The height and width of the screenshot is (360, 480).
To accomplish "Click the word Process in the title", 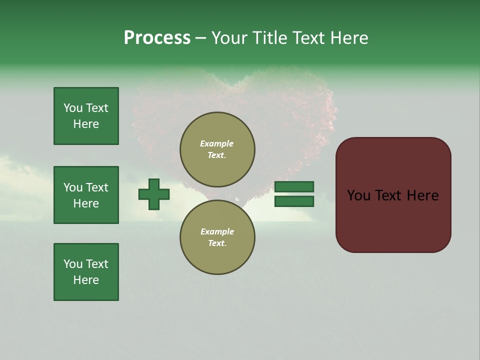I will [x=157, y=38].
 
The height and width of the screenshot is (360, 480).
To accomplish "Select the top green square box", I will [x=86, y=116].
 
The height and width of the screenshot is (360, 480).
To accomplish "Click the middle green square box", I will [x=86, y=195].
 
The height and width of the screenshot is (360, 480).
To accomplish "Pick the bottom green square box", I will [x=86, y=272].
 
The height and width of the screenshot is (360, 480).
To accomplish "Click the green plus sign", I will [x=154, y=194].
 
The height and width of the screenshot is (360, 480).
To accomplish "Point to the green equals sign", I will [x=294, y=194].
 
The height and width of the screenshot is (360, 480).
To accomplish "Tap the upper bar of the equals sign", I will [x=294, y=187].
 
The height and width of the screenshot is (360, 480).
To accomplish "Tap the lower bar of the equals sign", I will [x=294, y=201].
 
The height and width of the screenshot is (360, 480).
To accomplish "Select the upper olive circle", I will [x=217, y=149].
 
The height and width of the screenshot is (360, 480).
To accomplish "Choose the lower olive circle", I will [x=217, y=237].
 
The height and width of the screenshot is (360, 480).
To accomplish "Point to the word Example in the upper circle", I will [x=217, y=143].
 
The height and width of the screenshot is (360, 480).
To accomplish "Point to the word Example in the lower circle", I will [x=217, y=231].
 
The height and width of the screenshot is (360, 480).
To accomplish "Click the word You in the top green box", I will [x=73, y=108].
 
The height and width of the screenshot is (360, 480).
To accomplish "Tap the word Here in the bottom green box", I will [x=86, y=280].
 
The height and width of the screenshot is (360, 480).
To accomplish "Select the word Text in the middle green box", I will [x=97, y=187].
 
